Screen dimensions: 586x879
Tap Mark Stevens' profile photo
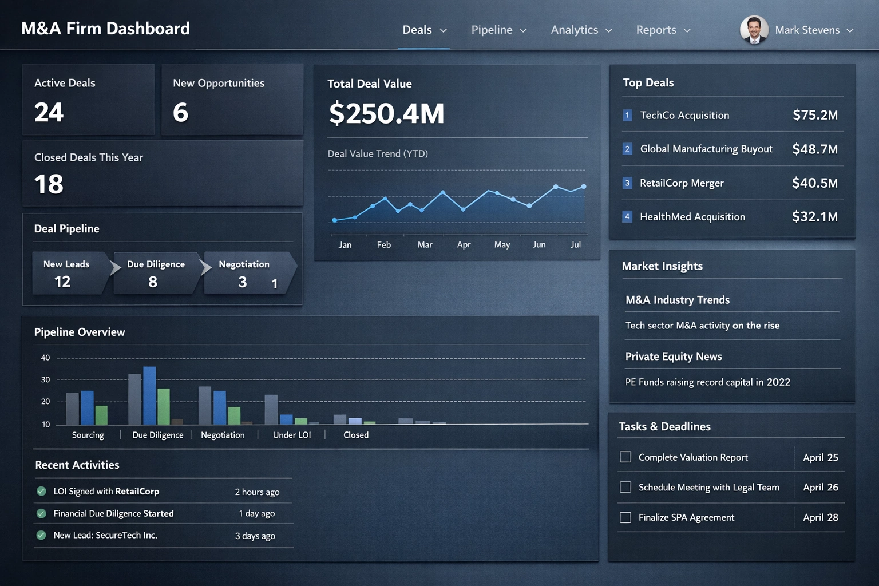point(754,30)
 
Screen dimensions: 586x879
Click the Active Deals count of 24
point(49,112)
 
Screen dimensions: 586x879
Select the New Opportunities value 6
point(180,112)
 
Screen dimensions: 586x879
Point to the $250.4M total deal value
point(386,113)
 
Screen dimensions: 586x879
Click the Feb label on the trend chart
point(384,245)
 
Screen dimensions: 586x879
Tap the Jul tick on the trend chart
point(576,245)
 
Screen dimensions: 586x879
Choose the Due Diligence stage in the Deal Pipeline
point(156,273)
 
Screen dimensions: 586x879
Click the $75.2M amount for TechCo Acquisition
point(815,115)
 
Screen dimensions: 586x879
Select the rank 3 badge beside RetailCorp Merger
point(627,183)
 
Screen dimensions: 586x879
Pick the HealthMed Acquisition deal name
point(692,217)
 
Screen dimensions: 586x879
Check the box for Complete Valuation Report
point(625,457)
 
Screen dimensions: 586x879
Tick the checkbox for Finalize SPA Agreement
point(625,517)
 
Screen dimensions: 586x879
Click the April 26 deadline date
point(820,488)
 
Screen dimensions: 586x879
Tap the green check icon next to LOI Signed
point(41,491)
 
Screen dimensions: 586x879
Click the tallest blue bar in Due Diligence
point(149,395)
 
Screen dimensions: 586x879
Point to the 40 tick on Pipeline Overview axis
point(45,358)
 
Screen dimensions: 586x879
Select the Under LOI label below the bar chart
point(292,435)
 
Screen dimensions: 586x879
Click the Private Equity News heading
point(674,357)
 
